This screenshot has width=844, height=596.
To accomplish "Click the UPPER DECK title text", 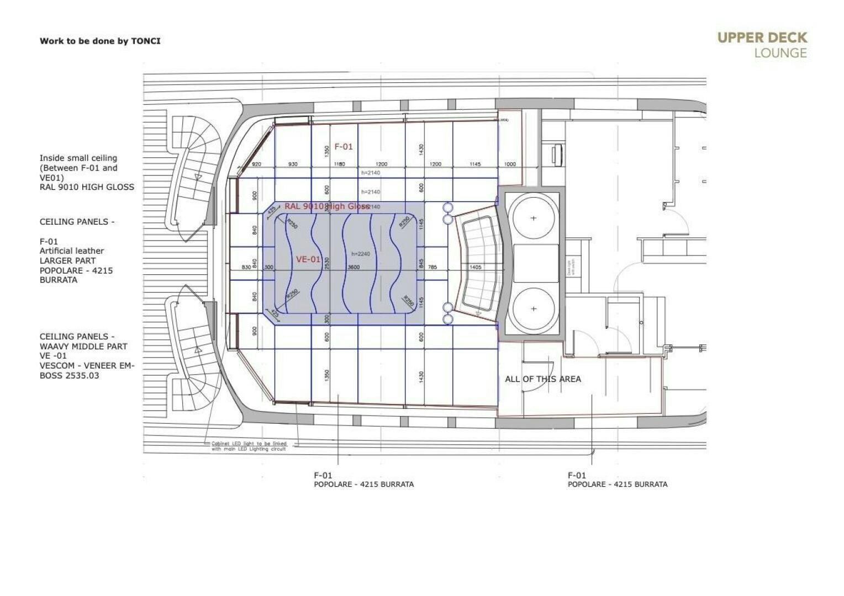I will [x=762, y=38].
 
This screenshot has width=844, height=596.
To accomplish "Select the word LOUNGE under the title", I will [x=780, y=54].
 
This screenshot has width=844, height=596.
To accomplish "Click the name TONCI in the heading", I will [x=146, y=41].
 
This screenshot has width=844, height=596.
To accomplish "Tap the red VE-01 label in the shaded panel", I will [x=308, y=259].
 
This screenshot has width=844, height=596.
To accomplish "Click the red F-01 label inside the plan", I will [x=343, y=147].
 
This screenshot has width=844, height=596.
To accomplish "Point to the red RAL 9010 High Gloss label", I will [x=327, y=206].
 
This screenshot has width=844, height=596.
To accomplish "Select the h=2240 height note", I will [x=361, y=254].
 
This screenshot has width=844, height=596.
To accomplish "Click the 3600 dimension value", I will [x=353, y=268].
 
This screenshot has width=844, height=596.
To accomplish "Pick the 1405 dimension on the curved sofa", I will [x=475, y=267].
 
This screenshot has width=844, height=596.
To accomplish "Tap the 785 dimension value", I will [x=432, y=268].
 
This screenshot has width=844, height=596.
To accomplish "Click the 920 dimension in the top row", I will [x=256, y=164].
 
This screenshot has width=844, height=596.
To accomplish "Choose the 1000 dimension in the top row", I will [x=509, y=164].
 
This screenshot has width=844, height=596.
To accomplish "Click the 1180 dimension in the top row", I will [x=339, y=164].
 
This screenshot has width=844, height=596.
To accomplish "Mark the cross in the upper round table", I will [x=533, y=219].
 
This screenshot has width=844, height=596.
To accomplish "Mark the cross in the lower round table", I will [x=533, y=309].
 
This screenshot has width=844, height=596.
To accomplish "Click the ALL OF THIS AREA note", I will [x=542, y=379].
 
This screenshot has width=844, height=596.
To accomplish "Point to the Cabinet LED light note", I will [x=249, y=446].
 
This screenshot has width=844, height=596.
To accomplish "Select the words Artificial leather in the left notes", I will [x=72, y=251].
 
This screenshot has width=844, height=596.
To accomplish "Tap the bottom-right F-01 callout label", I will [x=577, y=476].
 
